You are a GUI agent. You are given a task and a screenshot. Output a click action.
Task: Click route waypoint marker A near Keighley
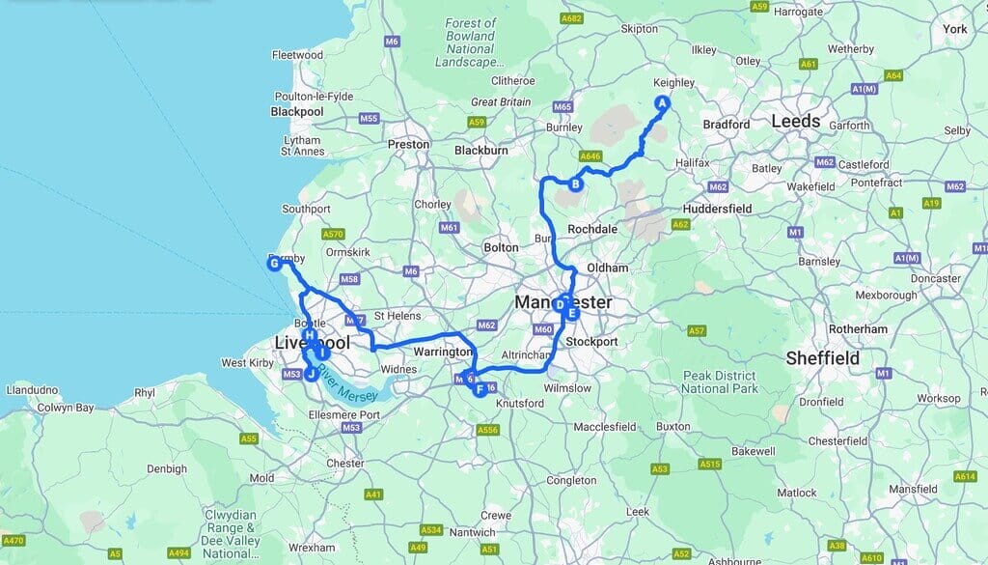(662, 103)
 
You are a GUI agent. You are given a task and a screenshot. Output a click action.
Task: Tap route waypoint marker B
(575, 184)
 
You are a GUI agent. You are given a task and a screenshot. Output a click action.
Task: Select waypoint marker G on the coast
(274, 263)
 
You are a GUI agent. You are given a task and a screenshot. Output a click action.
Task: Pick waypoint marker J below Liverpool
(311, 376)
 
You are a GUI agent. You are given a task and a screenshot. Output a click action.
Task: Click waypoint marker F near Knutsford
(480, 389)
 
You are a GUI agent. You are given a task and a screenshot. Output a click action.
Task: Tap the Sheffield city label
(822, 357)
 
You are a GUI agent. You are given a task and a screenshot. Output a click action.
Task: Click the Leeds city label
(795, 121)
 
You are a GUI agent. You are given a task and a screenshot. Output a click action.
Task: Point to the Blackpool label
(297, 111)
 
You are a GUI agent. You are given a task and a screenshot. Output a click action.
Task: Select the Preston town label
(407, 144)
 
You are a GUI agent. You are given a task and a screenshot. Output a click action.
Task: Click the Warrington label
(441, 353)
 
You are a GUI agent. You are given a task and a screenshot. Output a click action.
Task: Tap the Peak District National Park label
(718, 381)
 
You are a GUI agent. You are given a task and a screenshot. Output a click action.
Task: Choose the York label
(954, 29)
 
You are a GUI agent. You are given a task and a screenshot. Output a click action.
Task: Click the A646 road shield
(591, 155)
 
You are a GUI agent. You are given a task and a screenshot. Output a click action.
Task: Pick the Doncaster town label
(936, 278)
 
